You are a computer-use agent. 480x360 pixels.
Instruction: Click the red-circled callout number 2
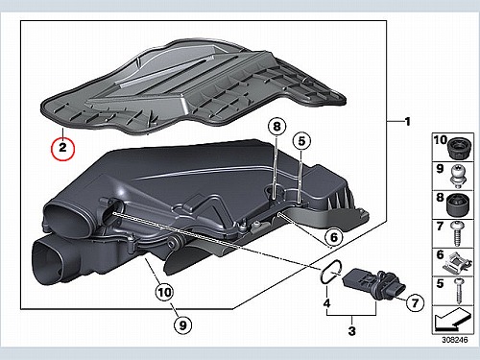(x=63, y=148)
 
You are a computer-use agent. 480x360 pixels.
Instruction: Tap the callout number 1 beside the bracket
(x=407, y=122)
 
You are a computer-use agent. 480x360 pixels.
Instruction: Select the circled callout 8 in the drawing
(x=276, y=127)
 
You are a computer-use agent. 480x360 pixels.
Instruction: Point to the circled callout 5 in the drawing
(x=301, y=141)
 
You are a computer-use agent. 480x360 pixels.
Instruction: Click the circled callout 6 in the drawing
(x=334, y=237)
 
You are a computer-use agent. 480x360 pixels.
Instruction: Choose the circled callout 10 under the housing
(x=164, y=292)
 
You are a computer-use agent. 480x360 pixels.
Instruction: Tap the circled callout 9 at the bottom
(x=182, y=325)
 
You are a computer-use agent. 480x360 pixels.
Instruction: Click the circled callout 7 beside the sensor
(x=415, y=302)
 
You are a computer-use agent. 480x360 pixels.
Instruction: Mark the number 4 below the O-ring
(x=326, y=302)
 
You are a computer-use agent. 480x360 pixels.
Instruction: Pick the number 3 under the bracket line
(x=351, y=330)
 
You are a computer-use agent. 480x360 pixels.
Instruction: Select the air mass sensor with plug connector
(x=374, y=284)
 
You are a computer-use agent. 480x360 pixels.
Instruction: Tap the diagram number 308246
(x=455, y=340)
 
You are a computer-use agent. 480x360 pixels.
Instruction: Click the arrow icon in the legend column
(x=452, y=320)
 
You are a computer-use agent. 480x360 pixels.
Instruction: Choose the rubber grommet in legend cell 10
(x=460, y=148)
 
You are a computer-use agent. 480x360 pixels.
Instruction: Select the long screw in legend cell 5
(x=459, y=291)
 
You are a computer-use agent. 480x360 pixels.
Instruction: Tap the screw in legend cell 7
(x=457, y=234)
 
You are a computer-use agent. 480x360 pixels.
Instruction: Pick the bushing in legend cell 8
(x=457, y=205)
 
